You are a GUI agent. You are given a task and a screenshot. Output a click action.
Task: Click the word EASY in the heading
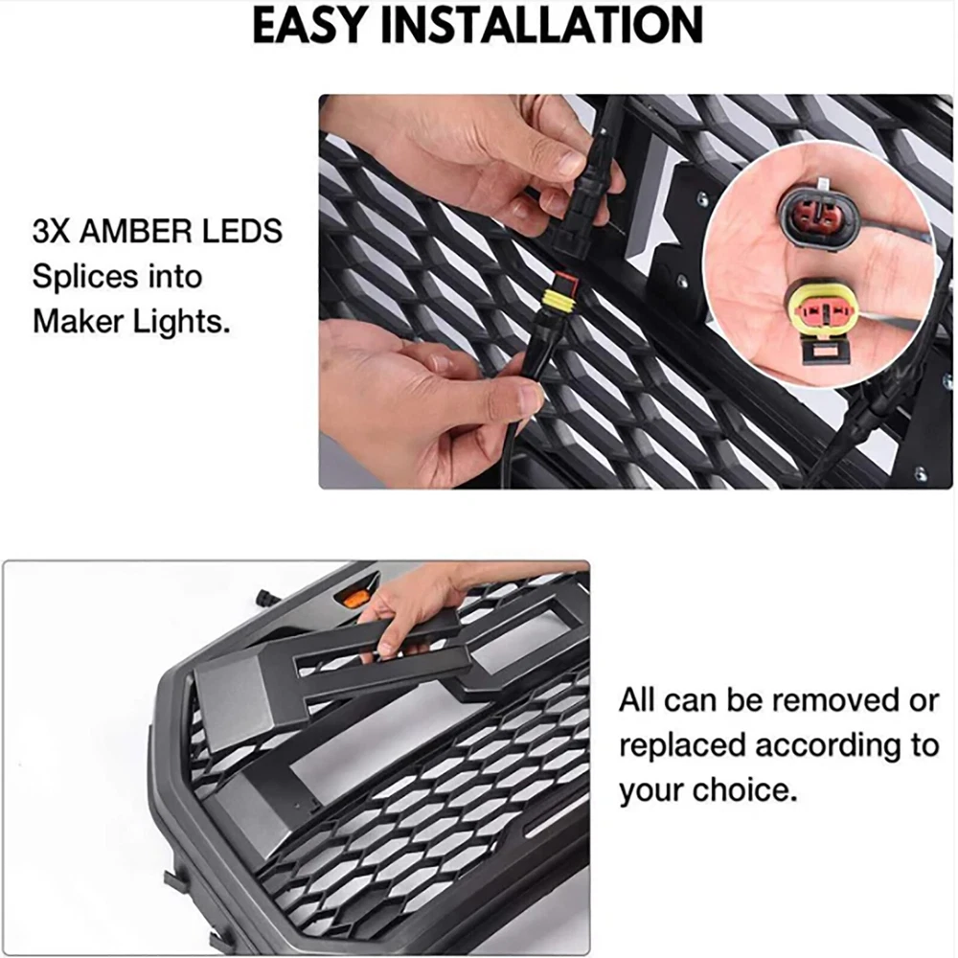point(309,25)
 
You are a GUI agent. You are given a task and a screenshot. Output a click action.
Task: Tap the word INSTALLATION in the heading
point(542,25)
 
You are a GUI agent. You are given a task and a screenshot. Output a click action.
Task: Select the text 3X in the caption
point(52,232)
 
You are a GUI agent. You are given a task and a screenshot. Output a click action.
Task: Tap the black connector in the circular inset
point(812,215)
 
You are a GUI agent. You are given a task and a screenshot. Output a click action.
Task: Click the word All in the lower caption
point(637,700)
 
